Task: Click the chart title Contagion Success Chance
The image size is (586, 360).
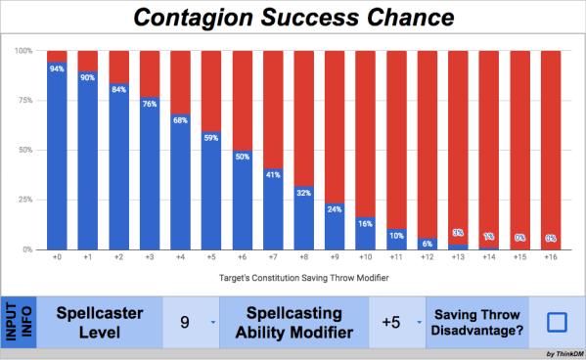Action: click(293, 17)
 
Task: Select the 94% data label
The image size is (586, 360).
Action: click(57, 68)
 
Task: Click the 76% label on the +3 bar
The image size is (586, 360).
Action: click(150, 104)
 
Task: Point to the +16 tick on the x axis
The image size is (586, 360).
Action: click(551, 259)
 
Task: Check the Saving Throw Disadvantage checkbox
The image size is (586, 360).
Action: click(557, 322)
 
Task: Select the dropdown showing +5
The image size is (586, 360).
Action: click(396, 322)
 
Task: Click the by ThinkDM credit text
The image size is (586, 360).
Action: click(563, 353)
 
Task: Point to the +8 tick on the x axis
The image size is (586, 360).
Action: click(304, 259)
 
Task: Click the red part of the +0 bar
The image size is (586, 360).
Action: click(57, 56)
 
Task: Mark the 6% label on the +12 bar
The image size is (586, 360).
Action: click(428, 243)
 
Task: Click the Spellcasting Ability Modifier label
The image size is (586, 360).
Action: click(293, 322)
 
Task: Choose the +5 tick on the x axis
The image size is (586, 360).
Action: click(211, 259)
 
